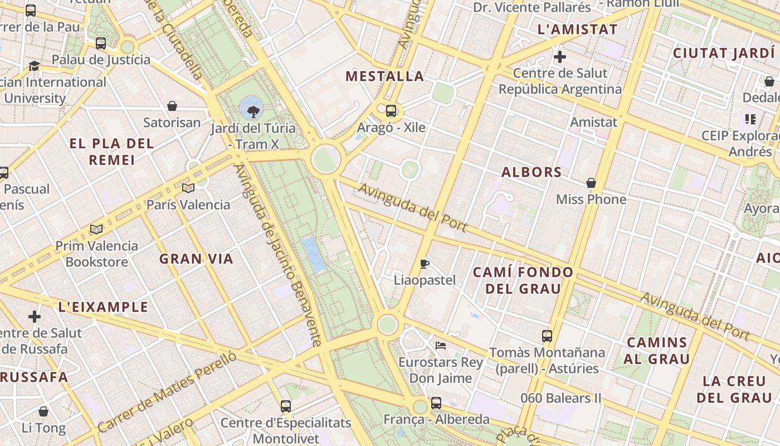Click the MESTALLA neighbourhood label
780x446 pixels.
(384, 76)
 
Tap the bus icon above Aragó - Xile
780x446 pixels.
(391, 110)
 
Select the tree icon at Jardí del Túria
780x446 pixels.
(253, 111)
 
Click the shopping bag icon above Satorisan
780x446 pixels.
(172, 106)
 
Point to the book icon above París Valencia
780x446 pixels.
(188, 188)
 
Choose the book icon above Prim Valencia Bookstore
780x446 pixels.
(96, 229)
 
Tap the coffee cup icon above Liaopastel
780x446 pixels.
(425, 264)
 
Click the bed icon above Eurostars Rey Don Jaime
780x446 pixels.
(440, 346)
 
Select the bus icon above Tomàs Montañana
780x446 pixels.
(547, 336)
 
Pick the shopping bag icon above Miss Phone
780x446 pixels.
(591, 183)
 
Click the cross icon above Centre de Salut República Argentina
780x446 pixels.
(560, 57)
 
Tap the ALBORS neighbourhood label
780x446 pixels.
(532, 172)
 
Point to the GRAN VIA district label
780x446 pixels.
(196, 259)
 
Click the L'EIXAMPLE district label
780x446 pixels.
(104, 307)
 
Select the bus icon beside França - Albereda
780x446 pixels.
(436, 403)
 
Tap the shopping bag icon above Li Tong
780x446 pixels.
(43, 412)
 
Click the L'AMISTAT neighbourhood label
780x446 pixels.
(577, 30)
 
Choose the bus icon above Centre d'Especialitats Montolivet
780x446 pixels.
(286, 406)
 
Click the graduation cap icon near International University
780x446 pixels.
(34, 66)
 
